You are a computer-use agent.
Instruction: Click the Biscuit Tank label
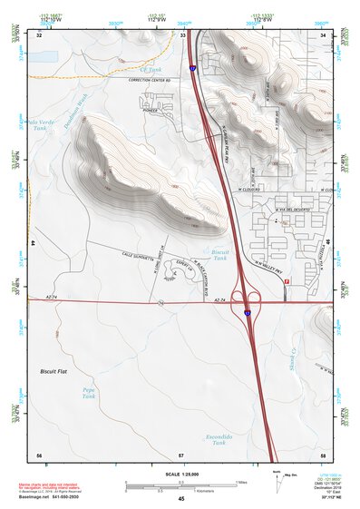219,254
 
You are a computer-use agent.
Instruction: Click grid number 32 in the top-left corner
39,35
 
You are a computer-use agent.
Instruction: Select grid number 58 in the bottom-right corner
322,454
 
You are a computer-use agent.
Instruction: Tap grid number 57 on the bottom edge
181,454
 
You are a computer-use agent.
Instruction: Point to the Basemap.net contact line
54,500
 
